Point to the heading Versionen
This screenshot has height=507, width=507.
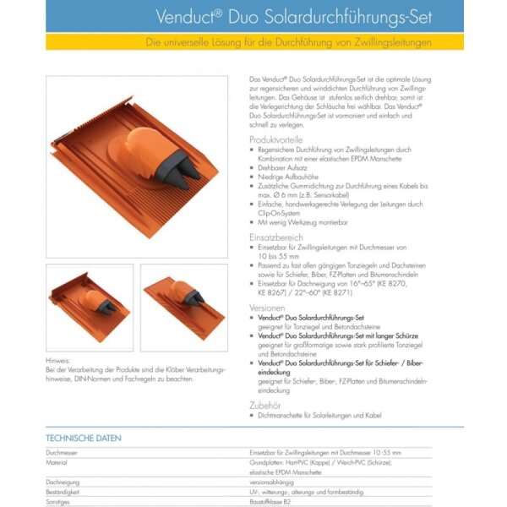click(268, 308)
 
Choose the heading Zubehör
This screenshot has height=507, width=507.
click(265, 405)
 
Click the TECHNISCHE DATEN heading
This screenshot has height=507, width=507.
click(84, 439)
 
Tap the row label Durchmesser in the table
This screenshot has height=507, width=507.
click(63, 453)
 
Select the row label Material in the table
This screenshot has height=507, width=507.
click(57, 463)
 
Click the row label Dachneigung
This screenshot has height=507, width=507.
click(63, 482)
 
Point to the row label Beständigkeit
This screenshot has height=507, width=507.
click(64, 491)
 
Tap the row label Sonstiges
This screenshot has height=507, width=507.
click(59, 501)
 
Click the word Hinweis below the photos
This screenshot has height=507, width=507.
click(58, 360)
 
